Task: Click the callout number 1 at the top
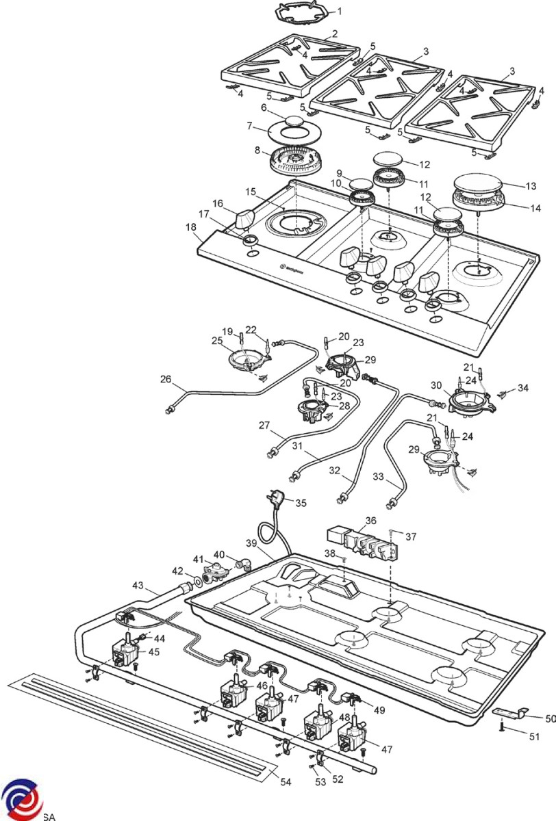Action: coord(340,11)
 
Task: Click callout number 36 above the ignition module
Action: coord(370,521)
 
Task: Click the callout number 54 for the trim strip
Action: coord(286,782)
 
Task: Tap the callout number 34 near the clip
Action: coord(523,389)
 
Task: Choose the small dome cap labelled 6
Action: coord(295,120)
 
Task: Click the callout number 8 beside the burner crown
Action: coord(257,150)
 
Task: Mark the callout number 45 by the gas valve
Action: coord(153,652)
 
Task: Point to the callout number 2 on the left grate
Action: coord(334,34)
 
